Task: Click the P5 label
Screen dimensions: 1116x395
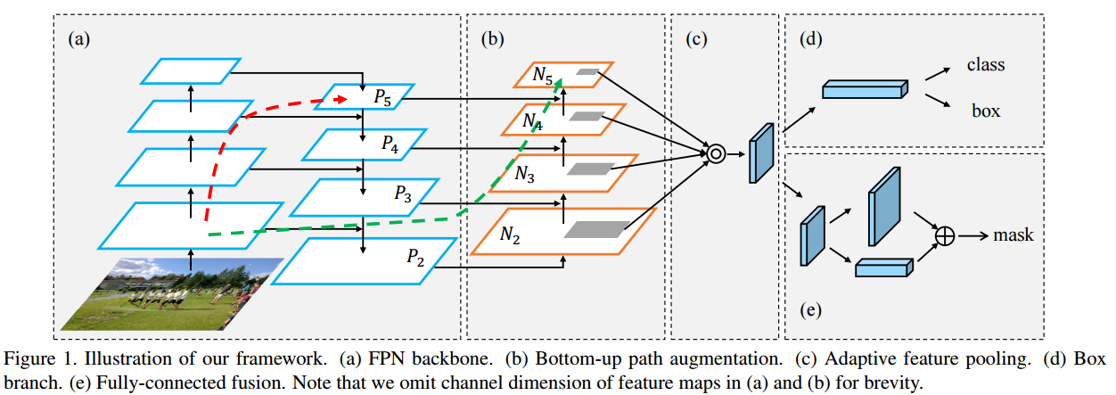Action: point(382,97)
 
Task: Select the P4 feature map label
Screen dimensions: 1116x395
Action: point(390,144)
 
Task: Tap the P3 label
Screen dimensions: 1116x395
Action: point(403,193)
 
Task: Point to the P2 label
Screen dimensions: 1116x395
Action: point(415,257)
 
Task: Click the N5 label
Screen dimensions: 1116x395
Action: point(543,75)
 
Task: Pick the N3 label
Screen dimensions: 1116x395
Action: point(524,174)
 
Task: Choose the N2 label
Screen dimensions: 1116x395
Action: point(510,235)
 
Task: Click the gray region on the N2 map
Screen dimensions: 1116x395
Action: point(597,229)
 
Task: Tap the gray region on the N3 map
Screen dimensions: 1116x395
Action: point(591,169)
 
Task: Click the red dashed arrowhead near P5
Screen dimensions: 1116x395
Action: point(341,100)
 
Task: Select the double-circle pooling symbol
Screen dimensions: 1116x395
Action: point(716,154)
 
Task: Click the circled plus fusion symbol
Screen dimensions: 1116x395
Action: point(945,235)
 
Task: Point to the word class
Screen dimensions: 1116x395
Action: point(986,65)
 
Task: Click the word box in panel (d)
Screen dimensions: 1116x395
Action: point(986,111)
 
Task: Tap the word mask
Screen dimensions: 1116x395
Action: point(1013,235)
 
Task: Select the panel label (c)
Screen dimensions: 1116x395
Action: point(696,39)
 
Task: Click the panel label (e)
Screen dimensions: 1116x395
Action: point(810,309)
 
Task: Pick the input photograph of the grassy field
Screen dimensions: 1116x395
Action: point(172,294)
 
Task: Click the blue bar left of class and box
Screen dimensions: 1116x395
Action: point(865,89)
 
